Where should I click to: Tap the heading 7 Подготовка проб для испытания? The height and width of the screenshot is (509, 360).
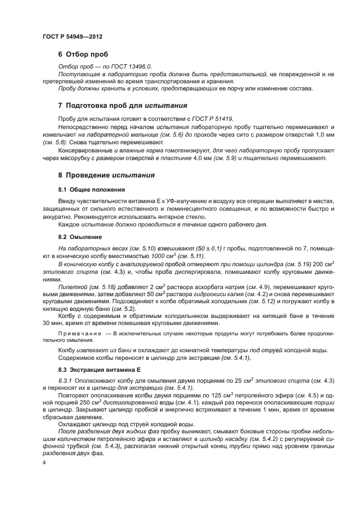click(123, 105)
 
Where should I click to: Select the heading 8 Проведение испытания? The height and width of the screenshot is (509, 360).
click(106, 175)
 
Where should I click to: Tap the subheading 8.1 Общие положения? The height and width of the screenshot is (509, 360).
click(91, 189)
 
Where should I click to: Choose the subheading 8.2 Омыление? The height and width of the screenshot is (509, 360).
click(80, 237)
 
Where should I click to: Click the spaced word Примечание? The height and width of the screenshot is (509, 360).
click(81, 332)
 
